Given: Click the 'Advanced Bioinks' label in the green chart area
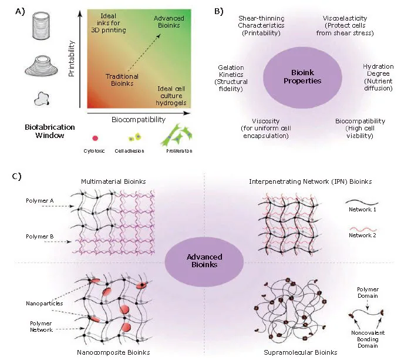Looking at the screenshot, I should [169, 23].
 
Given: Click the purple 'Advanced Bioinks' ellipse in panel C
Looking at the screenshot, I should [203, 261].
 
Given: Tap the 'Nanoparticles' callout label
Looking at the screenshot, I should [45, 304].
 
